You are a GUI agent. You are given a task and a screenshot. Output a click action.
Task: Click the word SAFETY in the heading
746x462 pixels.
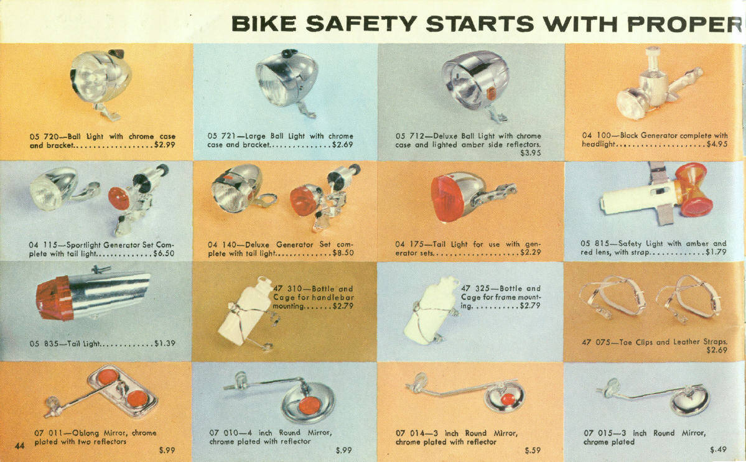[x=361, y=24]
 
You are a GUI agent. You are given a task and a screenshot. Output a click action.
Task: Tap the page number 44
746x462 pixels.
[x=19, y=445]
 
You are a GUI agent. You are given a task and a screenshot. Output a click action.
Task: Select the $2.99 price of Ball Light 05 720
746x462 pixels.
[x=165, y=145]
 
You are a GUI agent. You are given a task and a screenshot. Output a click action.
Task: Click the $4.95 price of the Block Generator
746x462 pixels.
[x=717, y=144]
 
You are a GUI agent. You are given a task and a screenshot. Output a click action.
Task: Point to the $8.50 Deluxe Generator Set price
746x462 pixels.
[x=343, y=253]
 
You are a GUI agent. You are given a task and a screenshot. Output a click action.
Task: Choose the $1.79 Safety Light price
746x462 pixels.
[x=716, y=252]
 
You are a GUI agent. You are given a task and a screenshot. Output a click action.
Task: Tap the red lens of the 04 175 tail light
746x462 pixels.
[x=447, y=198]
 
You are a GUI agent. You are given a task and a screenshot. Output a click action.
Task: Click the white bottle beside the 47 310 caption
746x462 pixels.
[x=246, y=312]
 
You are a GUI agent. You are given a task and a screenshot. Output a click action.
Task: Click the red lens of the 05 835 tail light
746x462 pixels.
[x=54, y=298]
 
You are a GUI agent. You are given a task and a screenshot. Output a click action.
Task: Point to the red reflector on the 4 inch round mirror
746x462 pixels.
[x=309, y=405]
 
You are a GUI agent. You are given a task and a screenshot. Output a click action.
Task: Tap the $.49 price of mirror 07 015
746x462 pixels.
[x=718, y=450]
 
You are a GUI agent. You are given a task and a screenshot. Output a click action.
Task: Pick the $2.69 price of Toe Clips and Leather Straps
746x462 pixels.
[x=717, y=350]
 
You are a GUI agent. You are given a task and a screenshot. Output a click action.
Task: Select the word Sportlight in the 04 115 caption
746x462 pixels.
[x=84, y=245]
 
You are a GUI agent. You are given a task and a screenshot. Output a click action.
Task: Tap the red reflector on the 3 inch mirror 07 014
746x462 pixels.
[x=508, y=399]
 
